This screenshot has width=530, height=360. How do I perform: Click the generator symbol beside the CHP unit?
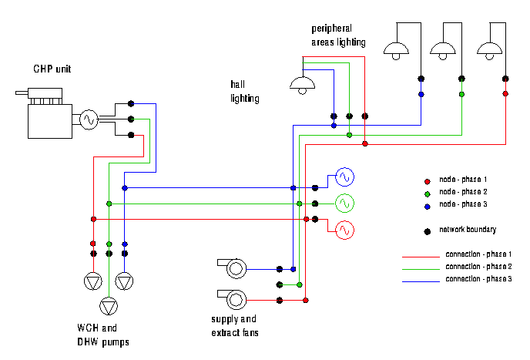(87, 119)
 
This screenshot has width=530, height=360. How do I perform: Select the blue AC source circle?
(344, 177)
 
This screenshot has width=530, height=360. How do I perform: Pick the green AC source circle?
(344, 204)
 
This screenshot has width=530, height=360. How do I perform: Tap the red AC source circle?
(344, 230)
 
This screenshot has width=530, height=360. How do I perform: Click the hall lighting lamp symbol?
(301, 84)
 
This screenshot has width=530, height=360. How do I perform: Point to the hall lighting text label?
(244, 91)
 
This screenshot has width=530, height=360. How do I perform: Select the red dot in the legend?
(426, 179)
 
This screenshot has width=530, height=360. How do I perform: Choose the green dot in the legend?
(426, 191)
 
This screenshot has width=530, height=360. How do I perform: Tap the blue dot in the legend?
(426, 204)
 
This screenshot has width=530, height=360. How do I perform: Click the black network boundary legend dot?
(426, 230)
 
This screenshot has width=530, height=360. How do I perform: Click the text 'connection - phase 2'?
(478, 266)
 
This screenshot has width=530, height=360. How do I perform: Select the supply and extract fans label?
(234, 326)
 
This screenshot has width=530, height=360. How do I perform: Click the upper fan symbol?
(233, 269)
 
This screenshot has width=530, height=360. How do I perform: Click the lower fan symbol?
(233, 298)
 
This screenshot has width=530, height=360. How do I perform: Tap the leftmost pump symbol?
(93, 281)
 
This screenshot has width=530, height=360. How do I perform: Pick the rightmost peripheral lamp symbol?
(488, 50)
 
